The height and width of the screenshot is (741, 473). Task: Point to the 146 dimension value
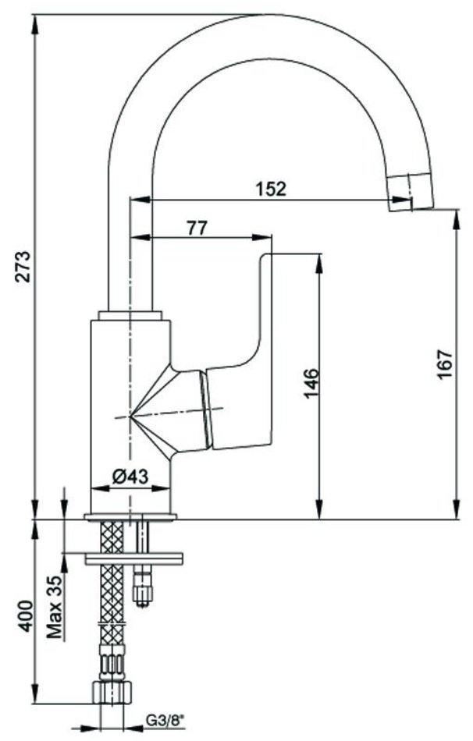point(311,382)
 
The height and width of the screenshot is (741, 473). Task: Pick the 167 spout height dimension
point(443,363)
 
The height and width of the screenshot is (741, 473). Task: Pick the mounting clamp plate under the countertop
point(133,557)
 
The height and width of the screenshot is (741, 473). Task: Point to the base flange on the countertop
point(130,516)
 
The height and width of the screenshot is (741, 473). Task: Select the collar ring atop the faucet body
point(130,316)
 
